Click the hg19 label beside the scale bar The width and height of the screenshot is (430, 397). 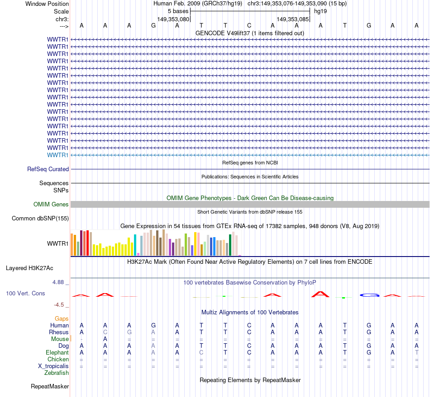click(320, 10)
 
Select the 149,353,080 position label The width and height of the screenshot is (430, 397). click(173, 19)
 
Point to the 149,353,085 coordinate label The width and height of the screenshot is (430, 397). click(293, 19)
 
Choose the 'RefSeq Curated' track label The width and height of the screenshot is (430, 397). click(48, 169)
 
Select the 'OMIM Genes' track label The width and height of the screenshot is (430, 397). click(51, 205)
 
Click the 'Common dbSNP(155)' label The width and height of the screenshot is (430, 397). click(40, 219)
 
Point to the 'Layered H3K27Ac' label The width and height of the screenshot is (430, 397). click(29, 268)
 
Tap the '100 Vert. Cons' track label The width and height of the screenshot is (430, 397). click(25, 294)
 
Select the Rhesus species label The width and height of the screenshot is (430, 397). click(59, 332)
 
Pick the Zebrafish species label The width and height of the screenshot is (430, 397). click(57, 373)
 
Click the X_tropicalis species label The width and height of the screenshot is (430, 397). click(53, 366)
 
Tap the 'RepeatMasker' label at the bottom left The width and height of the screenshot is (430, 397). click(50, 387)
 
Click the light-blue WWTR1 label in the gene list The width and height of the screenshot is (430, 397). click(58, 155)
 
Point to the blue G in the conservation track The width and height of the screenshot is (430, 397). click(369, 295)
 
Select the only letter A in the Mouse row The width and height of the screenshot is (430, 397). click(105, 339)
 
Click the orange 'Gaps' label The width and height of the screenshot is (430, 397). click(62, 319)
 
